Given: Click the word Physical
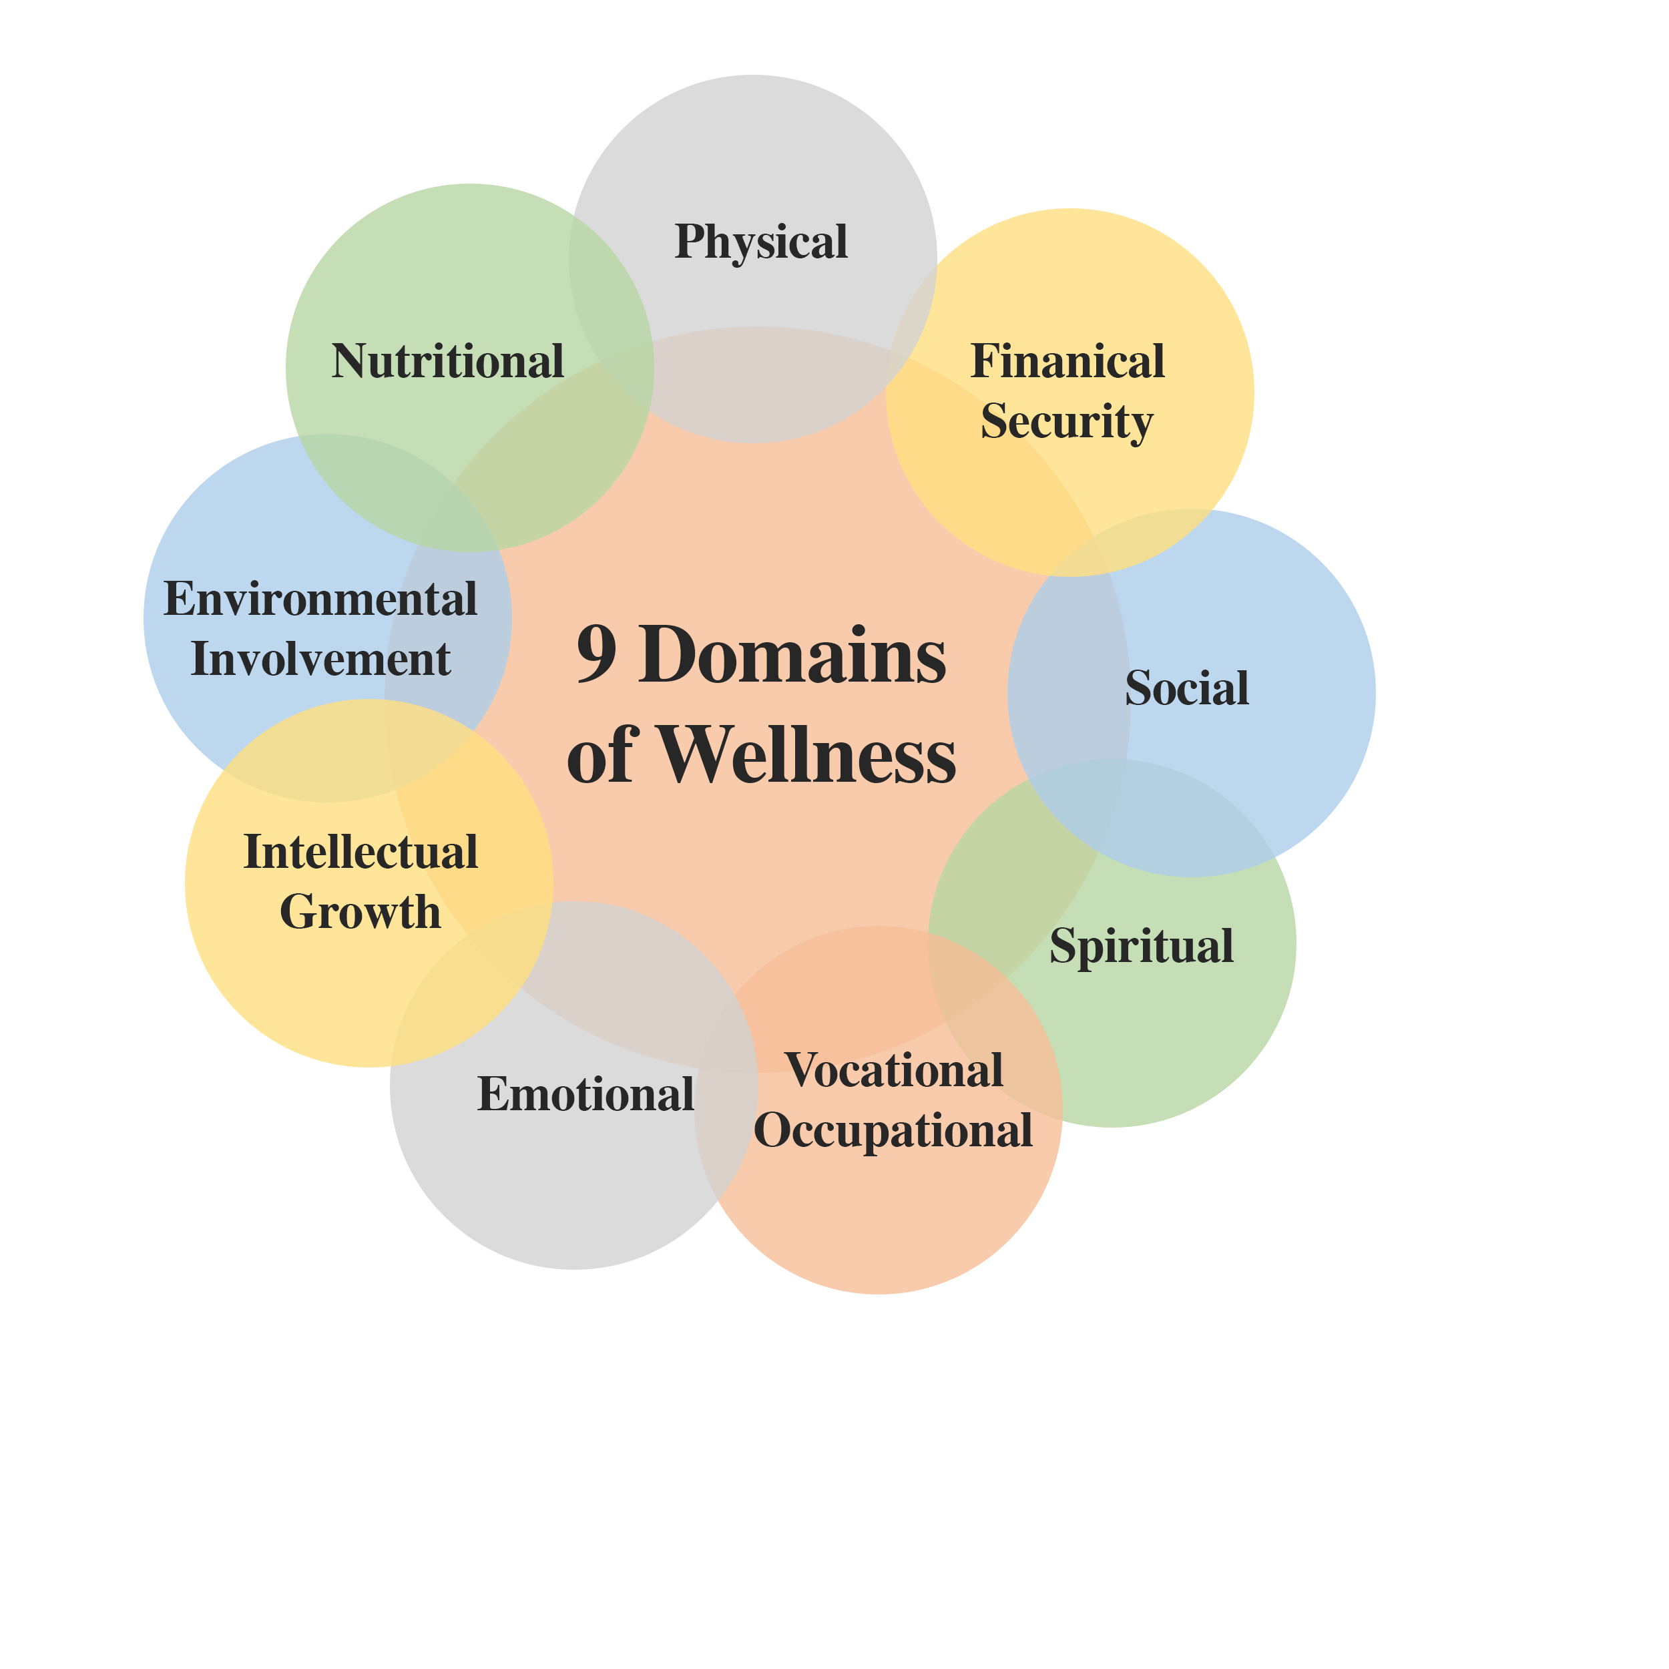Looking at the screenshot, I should (x=761, y=242).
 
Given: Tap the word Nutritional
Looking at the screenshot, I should (x=447, y=361).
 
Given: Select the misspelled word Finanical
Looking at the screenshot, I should (x=1067, y=361).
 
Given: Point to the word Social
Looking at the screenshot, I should (x=1187, y=688).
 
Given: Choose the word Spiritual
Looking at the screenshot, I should (x=1141, y=946).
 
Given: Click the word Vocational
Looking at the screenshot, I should (x=894, y=1070).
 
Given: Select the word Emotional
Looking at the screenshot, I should (x=585, y=1094).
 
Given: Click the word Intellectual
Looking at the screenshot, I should (x=361, y=853).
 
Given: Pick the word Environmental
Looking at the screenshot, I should (x=320, y=600).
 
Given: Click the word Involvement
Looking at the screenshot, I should (x=320, y=659).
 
